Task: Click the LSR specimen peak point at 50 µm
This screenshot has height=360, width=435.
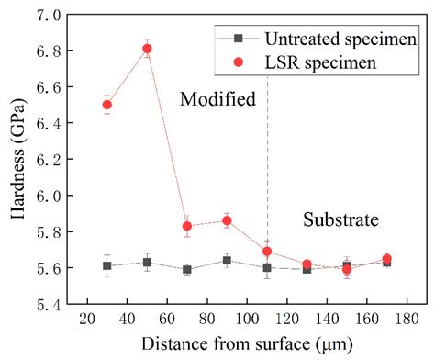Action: click(x=147, y=49)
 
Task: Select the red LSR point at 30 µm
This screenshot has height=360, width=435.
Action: click(x=106, y=105)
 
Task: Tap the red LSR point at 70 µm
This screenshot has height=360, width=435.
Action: click(x=187, y=226)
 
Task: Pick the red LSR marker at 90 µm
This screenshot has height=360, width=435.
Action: click(x=227, y=220)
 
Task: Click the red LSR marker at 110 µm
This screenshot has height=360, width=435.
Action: click(x=267, y=252)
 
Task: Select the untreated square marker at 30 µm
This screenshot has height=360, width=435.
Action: click(x=106, y=266)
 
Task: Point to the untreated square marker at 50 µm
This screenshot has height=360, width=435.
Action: click(x=147, y=263)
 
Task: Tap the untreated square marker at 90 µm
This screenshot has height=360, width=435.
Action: click(x=227, y=261)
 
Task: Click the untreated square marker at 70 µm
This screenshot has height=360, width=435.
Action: click(x=187, y=270)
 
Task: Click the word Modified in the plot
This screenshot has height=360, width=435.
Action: click(x=217, y=99)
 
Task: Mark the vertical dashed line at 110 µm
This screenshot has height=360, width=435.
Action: click(x=267, y=165)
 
